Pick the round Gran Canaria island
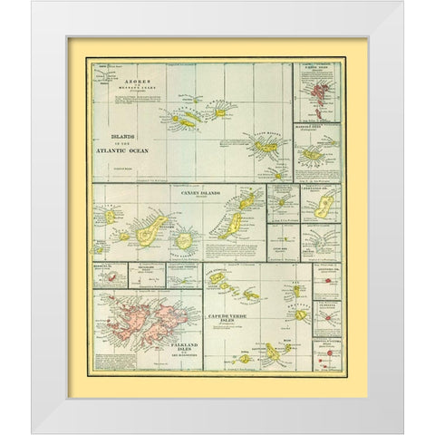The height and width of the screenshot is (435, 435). [185, 240]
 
